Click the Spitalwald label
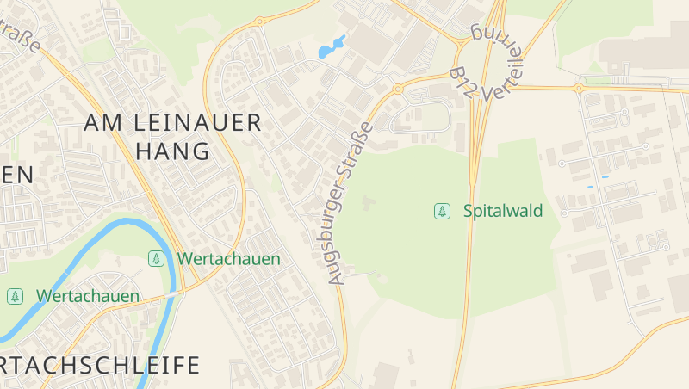[x=503, y=211]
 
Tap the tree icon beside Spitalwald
[x=442, y=211]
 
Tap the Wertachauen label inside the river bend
[x=87, y=296]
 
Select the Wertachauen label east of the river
[x=228, y=258]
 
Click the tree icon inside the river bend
[x=15, y=296]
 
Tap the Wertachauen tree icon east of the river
[x=156, y=258]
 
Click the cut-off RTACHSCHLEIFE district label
[x=100, y=365]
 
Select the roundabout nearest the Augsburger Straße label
[x=397, y=89]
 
